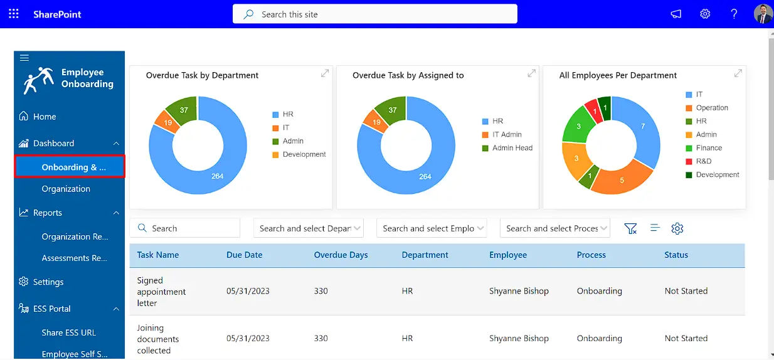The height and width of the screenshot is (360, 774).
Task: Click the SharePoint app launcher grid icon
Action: [x=14, y=14]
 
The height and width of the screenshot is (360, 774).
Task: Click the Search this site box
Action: [x=374, y=14]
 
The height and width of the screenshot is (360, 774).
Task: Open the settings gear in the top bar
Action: [x=705, y=14]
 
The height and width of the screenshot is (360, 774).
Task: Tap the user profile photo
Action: [x=763, y=14]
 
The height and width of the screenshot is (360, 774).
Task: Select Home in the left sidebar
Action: [x=45, y=117]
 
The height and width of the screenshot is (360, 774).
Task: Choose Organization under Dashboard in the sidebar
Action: [x=66, y=189]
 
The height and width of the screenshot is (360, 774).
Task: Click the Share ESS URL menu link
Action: [x=69, y=332]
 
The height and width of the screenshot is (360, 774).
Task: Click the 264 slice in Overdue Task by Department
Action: [x=216, y=176]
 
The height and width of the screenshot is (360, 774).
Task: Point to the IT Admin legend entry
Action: [x=506, y=135]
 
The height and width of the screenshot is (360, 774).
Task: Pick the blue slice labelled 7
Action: [x=642, y=127]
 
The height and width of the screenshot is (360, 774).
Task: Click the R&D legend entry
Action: [x=703, y=161]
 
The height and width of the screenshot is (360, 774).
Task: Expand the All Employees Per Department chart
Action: [x=738, y=73]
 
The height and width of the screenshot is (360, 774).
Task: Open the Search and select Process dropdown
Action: [x=554, y=228]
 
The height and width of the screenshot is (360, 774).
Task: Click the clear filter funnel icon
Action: [x=630, y=228]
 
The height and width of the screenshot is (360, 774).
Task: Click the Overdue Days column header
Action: [x=341, y=255]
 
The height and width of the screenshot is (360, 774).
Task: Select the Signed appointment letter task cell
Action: [x=161, y=292]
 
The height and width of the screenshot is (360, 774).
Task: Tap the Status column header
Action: [x=676, y=255]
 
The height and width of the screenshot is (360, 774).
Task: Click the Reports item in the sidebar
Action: [x=48, y=213]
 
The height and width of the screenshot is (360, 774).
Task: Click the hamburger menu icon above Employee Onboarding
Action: [x=24, y=58]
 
